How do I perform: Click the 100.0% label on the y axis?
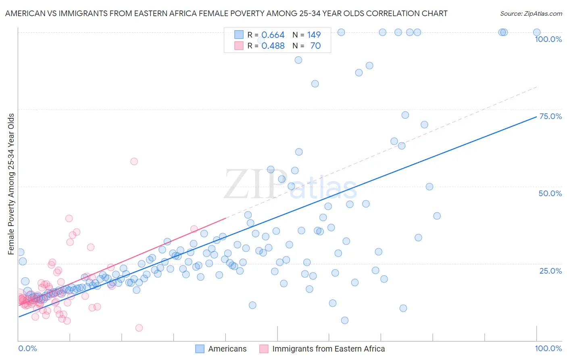pos(548,39)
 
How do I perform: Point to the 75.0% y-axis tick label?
pos(550,116)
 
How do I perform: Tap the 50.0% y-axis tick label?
pos(550,193)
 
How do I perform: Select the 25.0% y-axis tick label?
pos(550,270)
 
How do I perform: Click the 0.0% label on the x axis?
pos(27,348)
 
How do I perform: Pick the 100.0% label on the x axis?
pos(548,348)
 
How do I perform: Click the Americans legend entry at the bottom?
pos(227,349)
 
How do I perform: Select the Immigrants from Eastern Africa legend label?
pos(328,349)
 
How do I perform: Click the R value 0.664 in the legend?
pos(273,35)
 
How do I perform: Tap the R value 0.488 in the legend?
pos(273,46)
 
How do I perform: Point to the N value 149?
pos(314,35)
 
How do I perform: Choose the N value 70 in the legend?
pos(315,46)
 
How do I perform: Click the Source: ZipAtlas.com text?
pos(531,13)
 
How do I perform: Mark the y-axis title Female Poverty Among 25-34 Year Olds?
pos(11,184)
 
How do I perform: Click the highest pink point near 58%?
pos(134,161)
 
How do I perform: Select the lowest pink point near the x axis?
pos(139,328)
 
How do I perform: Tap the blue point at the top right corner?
pos(537,32)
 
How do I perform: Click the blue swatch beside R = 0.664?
pos(239,35)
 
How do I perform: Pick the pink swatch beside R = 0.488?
pos(239,46)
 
